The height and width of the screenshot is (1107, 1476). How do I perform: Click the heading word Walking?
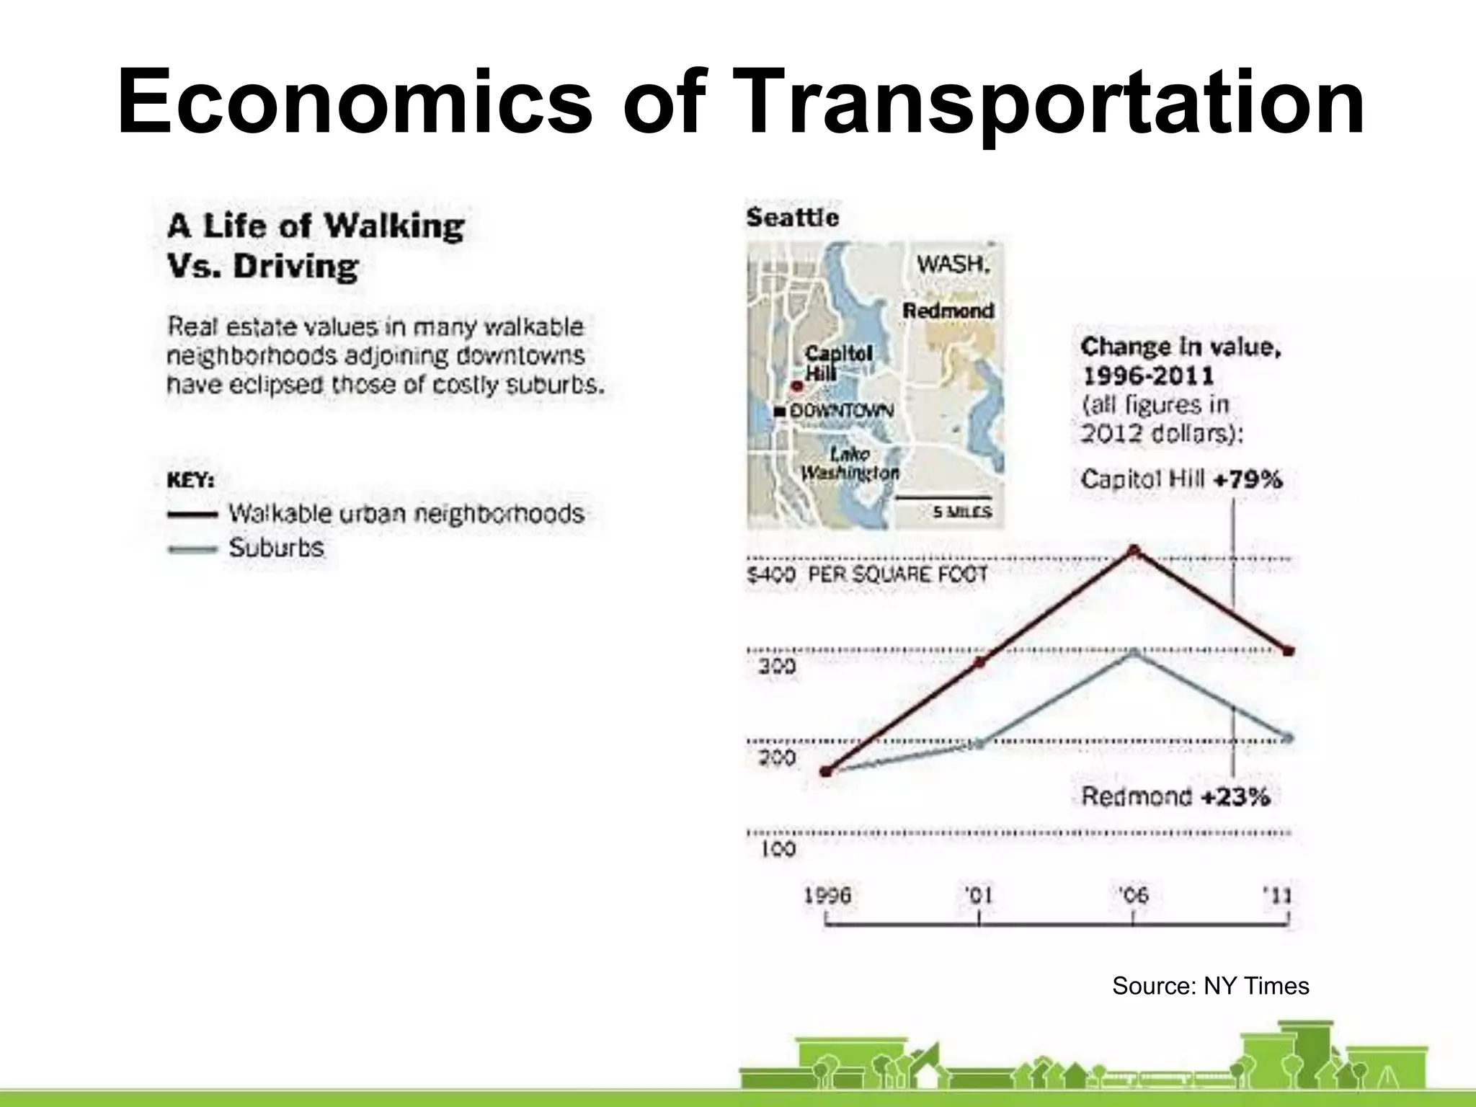tap(394, 226)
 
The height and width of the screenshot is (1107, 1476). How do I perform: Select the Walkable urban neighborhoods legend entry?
tap(406, 514)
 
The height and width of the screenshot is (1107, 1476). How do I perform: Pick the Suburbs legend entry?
tap(276, 548)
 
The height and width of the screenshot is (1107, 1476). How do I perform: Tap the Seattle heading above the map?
tap(792, 218)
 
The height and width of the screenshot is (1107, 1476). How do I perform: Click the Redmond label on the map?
tap(948, 311)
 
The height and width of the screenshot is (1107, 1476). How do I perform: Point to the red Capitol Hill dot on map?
tap(796, 386)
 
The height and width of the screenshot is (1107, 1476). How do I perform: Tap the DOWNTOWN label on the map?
tap(841, 411)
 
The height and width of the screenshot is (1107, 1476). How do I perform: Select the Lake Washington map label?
tap(850, 463)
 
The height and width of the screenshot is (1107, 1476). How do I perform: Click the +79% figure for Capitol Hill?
tap(1248, 479)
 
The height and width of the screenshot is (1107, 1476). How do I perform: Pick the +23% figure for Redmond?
tap(1235, 796)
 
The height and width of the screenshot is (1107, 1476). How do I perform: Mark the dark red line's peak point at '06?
tap(1134, 551)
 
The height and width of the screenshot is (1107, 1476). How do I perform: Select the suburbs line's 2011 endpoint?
tap(1289, 738)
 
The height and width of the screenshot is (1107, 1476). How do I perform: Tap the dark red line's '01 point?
tap(979, 662)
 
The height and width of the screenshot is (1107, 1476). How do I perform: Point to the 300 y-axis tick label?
tap(777, 666)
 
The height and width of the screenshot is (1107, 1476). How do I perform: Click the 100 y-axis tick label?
tap(778, 849)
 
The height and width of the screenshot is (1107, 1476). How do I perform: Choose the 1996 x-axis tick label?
tap(827, 896)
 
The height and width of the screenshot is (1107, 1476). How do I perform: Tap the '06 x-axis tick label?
tap(1133, 896)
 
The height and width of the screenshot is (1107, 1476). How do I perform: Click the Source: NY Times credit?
tap(1210, 986)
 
